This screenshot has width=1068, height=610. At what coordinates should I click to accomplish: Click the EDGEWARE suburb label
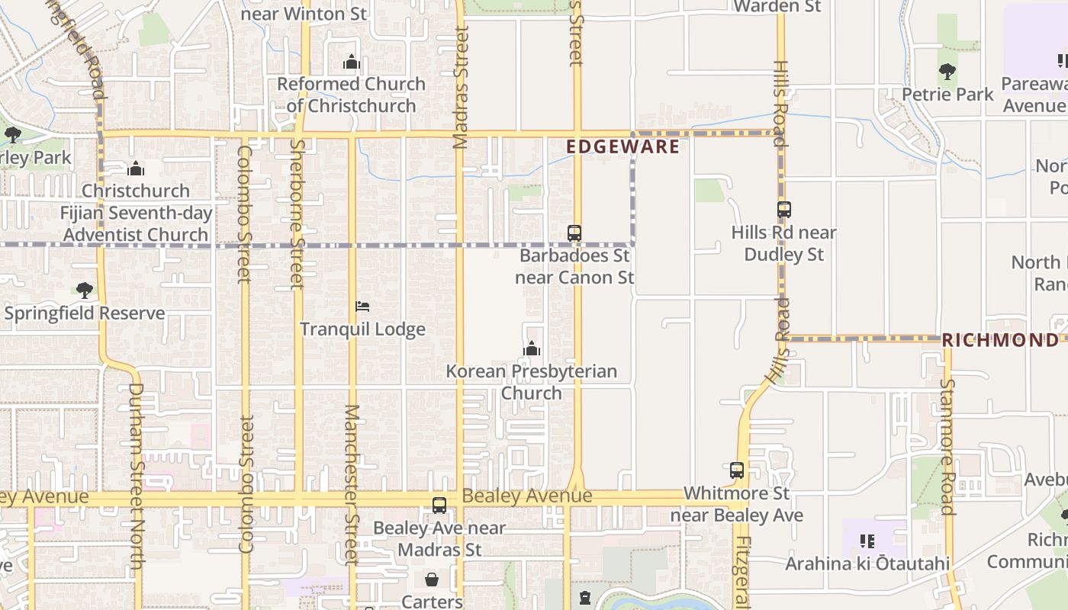pyautogui.click(x=622, y=146)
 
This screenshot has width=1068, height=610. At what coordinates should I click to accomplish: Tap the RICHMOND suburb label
pyautogui.click(x=1000, y=340)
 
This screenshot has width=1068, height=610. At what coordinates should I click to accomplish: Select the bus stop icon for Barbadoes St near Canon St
pyautogui.click(x=574, y=233)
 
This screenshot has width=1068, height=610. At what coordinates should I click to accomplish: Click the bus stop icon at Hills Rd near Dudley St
pyautogui.click(x=783, y=210)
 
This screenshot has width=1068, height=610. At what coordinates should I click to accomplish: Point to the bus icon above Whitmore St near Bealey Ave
pyautogui.click(x=736, y=470)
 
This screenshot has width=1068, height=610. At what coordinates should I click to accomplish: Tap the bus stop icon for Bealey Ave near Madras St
pyautogui.click(x=439, y=505)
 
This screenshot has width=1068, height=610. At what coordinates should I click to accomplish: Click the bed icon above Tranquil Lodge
pyautogui.click(x=362, y=307)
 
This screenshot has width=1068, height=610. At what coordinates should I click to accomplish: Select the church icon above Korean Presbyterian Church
pyautogui.click(x=532, y=349)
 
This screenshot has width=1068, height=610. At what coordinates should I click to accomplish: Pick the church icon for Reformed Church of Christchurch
pyautogui.click(x=351, y=62)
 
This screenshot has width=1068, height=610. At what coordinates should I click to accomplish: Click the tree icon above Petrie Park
pyautogui.click(x=947, y=72)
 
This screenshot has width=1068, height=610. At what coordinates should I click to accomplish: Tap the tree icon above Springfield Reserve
pyautogui.click(x=84, y=291)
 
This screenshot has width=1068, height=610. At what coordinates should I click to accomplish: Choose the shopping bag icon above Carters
pyautogui.click(x=432, y=579)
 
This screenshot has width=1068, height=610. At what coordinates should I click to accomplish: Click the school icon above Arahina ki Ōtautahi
pyautogui.click(x=867, y=541)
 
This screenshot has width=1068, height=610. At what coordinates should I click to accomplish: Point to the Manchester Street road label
pyautogui.click(x=351, y=484)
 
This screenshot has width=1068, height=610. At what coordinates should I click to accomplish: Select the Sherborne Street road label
pyautogui.click(x=298, y=213)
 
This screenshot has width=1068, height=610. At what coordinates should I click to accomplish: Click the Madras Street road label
pyautogui.click(x=460, y=88)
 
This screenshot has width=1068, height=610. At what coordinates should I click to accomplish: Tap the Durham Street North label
pyautogui.click(x=137, y=475)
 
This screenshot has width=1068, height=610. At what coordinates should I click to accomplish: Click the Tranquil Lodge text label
pyautogui.click(x=362, y=329)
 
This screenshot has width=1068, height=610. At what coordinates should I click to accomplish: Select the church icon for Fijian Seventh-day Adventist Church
pyautogui.click(x=136, y=169)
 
